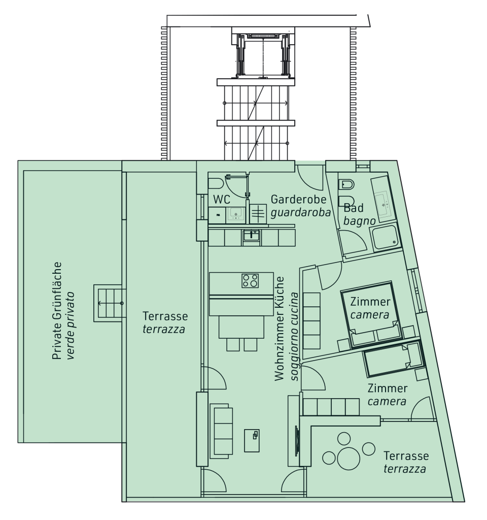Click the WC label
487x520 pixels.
(x=222, y=199)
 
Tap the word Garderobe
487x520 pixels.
(x=298, y=199)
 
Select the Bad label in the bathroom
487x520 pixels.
(x=353, y=208)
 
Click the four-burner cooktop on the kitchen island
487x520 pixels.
(x=250, y=280)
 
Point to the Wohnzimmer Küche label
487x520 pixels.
(x=280, y=329)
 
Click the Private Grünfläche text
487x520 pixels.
(x=57, y=311)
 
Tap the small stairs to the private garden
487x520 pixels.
(x=110, y=303)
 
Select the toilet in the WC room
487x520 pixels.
(x=216, y=183)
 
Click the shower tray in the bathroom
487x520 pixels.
(x=385, y=238)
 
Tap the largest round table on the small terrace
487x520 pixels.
(x=349, y=459)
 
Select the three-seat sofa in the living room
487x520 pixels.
(x=221, y=431)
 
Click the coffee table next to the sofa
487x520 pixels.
(x=252, y=440)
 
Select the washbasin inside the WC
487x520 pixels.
(x=236, y=215)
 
